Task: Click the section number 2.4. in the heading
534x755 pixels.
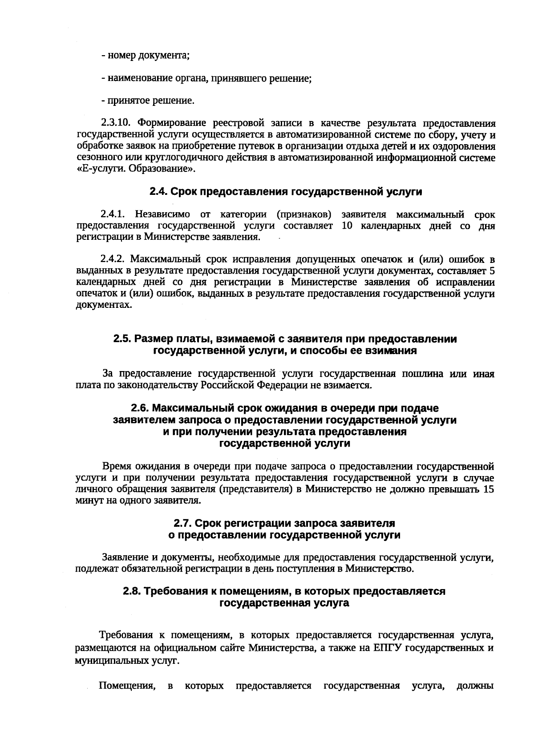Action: (x=158, y=192)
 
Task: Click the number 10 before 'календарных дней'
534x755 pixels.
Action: (x=348, y=226)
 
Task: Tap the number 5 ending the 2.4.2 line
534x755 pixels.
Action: (x=492, y=271)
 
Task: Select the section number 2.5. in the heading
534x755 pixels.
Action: (x=122, y=339)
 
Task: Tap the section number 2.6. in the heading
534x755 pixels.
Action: (x=140, y=408)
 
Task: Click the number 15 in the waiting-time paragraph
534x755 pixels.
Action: (x=488, y=489)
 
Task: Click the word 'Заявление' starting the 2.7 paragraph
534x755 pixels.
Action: (x=123, y=557)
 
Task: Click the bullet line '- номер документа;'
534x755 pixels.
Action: (x=146, y=56)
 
